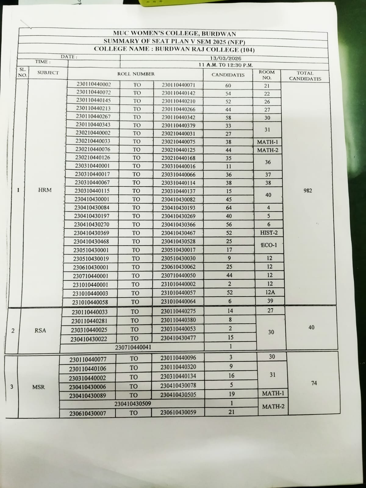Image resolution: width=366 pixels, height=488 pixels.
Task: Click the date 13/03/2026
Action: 225,58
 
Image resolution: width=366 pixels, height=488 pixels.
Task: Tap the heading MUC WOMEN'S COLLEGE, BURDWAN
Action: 174,34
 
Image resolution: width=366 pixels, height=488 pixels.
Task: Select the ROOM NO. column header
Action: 267,75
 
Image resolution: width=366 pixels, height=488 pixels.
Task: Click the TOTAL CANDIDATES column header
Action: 305,76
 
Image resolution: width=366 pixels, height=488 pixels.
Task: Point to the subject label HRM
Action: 45,190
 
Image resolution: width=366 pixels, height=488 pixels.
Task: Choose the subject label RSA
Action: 40,330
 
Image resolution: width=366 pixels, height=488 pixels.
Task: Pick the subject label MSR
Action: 38,387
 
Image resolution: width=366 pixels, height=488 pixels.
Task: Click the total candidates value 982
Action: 308,191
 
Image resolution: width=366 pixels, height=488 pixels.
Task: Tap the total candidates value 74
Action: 314,383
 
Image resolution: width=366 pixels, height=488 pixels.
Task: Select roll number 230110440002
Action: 94,84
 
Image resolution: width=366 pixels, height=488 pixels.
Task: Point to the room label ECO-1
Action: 269,245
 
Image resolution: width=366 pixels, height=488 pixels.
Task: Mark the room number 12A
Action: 270,292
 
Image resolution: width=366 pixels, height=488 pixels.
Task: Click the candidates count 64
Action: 229,208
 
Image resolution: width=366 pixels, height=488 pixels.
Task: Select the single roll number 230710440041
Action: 133,347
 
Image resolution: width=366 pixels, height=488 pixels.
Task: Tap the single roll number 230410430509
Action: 133,404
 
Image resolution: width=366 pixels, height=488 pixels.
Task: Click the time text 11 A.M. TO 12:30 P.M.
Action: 226,65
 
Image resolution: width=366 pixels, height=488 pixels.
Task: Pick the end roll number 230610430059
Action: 178,412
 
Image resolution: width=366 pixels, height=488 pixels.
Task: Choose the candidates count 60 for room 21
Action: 228,86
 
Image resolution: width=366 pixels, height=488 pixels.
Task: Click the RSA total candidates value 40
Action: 311,327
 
